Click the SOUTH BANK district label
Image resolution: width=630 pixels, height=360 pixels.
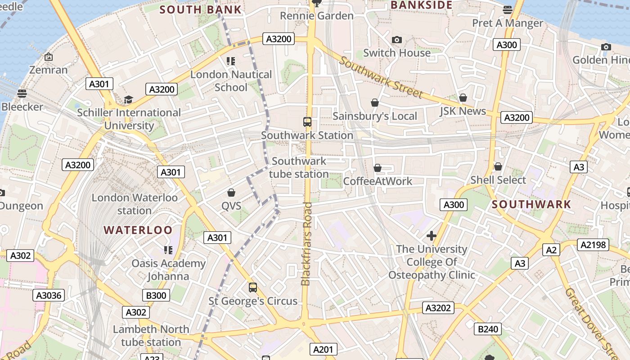point(200,9)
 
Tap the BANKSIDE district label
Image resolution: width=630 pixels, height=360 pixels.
point(421,5)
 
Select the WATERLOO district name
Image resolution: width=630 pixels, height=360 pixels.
point(138,230)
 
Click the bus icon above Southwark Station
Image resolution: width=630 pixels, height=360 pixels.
point(307,122)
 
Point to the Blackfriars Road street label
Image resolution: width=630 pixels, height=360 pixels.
point(306,243)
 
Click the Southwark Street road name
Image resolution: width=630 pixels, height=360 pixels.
point(381,77)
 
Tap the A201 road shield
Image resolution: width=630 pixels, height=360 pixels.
point(323,349)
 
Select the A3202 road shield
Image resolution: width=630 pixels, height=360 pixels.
point(438,308)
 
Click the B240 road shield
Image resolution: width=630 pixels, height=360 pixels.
point(488,329)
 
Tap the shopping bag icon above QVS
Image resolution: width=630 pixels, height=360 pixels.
point(231,193)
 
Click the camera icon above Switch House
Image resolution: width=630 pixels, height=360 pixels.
point(396,40)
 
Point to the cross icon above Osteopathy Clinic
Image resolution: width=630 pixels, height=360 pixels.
point(432,235)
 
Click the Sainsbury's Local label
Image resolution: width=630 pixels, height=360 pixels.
point(375,116)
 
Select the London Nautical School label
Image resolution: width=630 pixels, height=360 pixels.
point(231,81)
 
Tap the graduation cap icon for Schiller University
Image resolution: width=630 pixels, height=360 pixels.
point(129,99)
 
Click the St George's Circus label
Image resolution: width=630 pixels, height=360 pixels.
point(253,301)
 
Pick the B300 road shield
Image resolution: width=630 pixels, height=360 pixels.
point(156,295)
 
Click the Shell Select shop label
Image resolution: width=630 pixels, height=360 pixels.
point(498,180)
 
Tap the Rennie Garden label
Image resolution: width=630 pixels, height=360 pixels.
point(317,16)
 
